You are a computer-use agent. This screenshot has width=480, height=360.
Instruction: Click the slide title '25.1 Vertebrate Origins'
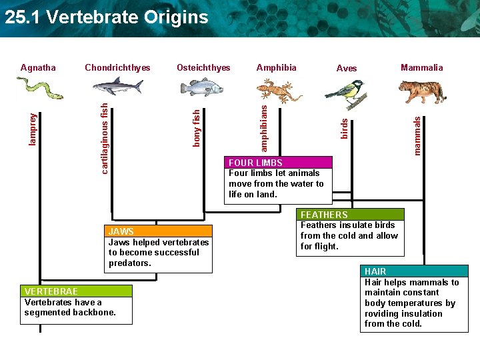107,17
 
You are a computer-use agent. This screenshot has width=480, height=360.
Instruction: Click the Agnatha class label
38,67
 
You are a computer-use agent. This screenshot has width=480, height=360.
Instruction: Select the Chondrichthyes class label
117,67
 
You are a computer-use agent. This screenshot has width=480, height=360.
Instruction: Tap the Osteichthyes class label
203,67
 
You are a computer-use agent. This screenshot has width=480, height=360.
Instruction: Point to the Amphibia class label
276,67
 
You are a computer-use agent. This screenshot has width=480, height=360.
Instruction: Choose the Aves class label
347,68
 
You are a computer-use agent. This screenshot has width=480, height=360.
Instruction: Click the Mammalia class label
421,67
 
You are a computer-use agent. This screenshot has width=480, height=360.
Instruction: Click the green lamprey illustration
39,87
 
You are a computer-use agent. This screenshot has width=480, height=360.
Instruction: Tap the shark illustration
118,86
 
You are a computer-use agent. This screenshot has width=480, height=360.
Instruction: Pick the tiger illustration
423,92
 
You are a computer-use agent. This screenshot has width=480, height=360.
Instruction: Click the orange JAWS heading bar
158,231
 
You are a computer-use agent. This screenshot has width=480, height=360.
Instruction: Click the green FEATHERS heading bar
351,215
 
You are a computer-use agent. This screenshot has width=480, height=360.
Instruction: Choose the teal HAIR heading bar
415,271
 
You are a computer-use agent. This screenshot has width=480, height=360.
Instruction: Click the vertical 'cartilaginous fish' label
105,137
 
